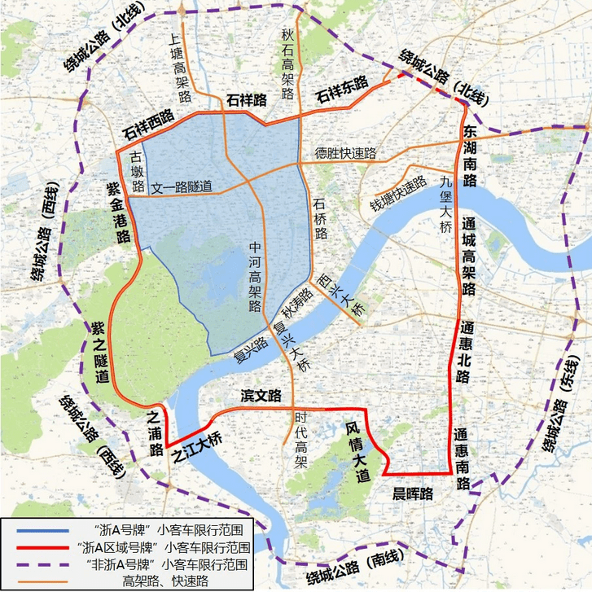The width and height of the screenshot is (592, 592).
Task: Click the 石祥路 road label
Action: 248,101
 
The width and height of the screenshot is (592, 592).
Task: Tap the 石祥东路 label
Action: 342,89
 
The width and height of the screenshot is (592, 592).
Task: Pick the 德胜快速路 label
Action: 346,153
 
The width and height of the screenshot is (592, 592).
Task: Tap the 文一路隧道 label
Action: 182,187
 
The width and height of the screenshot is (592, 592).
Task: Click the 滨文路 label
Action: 261,396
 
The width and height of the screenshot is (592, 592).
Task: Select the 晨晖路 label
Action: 413,493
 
